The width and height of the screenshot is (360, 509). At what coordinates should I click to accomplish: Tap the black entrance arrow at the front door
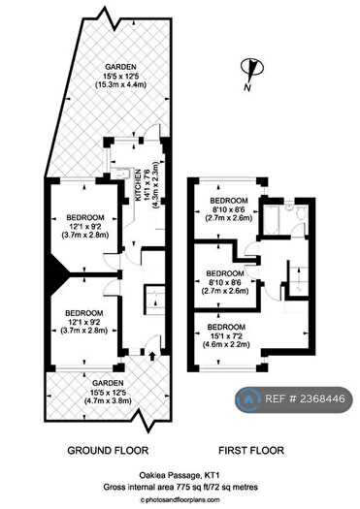tap(151, 356)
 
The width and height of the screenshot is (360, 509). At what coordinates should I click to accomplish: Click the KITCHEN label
tap(138, 185)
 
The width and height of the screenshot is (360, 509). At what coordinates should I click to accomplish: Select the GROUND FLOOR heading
tap(108, 450)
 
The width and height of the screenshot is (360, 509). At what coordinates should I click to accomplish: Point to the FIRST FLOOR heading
tap(251, 450)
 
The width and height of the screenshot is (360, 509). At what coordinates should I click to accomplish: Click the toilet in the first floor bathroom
tap(300, 212)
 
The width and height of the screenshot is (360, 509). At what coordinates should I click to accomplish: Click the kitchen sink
tap(121, 173)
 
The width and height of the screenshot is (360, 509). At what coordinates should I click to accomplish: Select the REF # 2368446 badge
tap(294, 398)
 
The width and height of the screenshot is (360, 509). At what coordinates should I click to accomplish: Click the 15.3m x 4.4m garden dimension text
tap(120, 84)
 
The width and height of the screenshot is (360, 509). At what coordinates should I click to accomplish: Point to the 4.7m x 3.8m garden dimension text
tap(108, 401)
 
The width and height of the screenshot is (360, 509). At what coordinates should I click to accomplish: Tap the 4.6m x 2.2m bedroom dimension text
tap(226, 344)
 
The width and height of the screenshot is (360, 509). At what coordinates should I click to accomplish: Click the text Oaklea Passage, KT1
tap(180, 476)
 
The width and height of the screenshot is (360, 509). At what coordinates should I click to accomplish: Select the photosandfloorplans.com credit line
tap(180, 500)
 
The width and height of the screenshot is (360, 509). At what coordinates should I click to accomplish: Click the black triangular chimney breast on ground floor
tap(57, 273)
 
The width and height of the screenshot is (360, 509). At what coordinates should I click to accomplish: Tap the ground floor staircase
tap(155, 299)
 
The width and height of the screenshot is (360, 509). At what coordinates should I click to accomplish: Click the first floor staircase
tap(298, 279)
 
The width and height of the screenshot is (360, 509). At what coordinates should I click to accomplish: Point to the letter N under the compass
tap(247, 87)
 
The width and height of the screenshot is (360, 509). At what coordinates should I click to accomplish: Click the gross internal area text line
tap(180, 487)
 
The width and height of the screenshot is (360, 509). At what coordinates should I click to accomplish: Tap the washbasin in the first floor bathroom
tap(288, 208)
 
